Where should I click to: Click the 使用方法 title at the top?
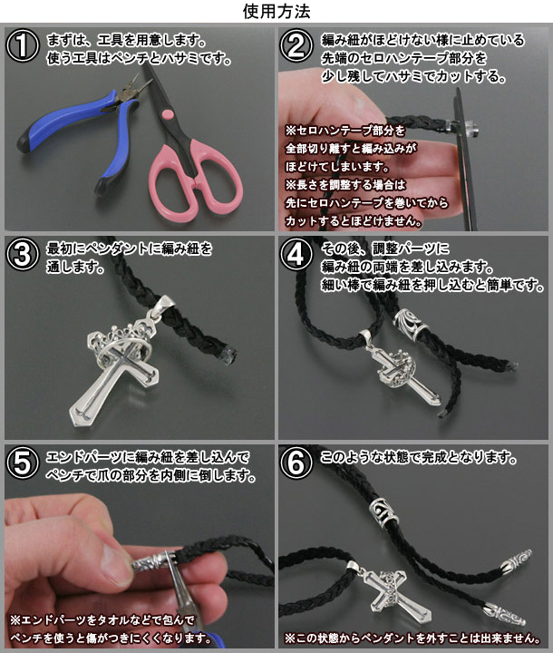point(276,11)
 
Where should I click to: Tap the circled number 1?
point(23,46)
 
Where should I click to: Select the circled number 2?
point(296,46)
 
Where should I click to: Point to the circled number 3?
point(23,254)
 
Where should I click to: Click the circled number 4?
point(296,254)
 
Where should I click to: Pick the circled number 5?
point(23,463)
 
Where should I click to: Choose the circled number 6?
point(296,463)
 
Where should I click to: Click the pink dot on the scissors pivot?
point(168,113)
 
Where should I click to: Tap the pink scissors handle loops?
point(196,179)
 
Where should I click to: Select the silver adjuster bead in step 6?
point(383,513)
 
